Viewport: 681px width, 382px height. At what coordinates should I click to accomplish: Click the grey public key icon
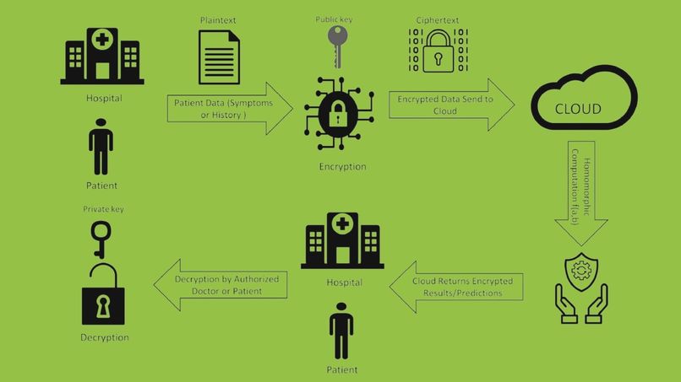coord(337,46)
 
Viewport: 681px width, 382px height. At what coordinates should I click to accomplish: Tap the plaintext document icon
coord(219,57)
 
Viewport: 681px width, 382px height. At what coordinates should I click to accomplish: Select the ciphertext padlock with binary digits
coord(439,51)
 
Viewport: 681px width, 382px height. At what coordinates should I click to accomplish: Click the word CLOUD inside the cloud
coord(578,109)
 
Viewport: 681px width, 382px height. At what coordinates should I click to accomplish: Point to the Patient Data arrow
coord(230,109)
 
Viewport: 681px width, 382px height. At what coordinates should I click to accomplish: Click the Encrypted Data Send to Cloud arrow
coord(452,105)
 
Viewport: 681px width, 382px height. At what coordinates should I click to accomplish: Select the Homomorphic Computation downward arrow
coord(581,193)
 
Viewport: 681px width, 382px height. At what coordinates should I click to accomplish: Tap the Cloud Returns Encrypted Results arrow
coord(456,287)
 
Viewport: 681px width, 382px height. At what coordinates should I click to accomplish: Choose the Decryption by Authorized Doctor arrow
coord(221,285)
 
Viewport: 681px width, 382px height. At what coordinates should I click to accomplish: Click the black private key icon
coord(101,239)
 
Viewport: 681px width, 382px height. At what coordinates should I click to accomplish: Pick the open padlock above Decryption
coord(103,294)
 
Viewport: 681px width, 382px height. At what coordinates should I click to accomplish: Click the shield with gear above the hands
coord(581,272)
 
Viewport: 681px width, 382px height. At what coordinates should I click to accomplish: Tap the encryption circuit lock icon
coord(339,114)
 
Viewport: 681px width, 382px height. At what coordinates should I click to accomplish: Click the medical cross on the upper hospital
coord(102,40)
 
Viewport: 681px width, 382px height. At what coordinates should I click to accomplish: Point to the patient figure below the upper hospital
coord(101,147)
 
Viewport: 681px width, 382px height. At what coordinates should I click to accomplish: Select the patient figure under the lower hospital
coord(341,331)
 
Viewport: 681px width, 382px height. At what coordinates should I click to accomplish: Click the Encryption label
coord(343,166)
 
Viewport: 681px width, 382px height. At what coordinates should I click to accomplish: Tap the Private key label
coord(103,209)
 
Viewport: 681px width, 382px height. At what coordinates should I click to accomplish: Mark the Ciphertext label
coord(438,20)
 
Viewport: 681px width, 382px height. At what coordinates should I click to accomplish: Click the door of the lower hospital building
coord(343,256)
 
